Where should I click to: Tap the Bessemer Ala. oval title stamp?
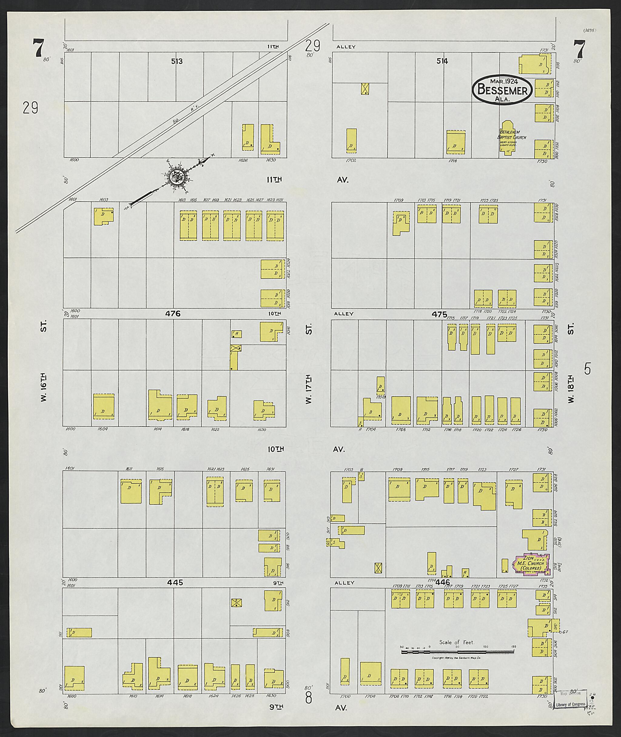(502, 90)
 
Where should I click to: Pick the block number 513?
(177, 61)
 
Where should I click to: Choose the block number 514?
(442, 61)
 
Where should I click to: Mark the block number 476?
(173, 313)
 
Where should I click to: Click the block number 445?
(175, 582)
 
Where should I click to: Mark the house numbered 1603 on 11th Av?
(103, 216)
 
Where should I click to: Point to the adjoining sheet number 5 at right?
(587, 369)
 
